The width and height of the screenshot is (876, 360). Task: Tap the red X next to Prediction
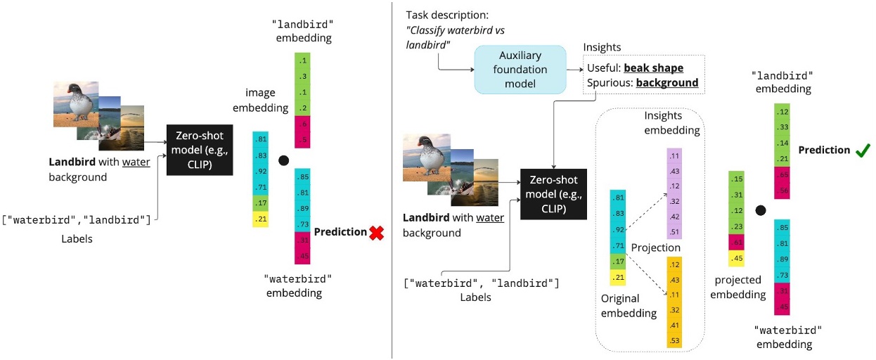376,233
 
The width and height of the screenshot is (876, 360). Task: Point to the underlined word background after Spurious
667,83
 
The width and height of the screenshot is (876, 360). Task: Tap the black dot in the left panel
283,161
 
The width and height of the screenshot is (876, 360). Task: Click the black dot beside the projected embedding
760,210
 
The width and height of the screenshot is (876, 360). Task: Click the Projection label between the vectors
656,248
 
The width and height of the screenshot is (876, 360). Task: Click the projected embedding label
738,288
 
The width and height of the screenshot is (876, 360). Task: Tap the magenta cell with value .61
736,242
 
